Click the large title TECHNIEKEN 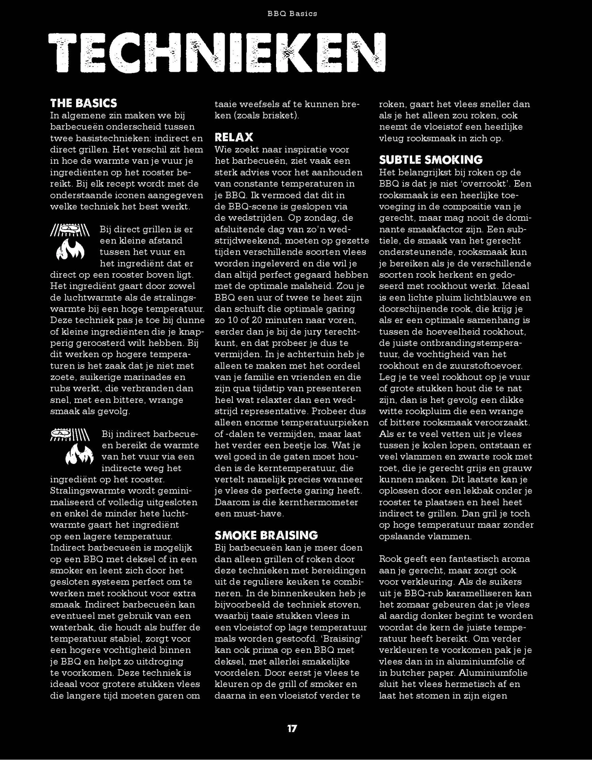point(217,52)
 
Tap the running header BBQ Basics point(292,14)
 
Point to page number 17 point(292,728)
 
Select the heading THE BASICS point(84,103)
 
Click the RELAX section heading point(234,137)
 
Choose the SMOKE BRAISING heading point(266,535)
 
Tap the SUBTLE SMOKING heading point(431,160)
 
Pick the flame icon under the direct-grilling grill point(70,250)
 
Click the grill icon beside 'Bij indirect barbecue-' point(70,435)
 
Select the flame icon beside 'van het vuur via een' point(79,455)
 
